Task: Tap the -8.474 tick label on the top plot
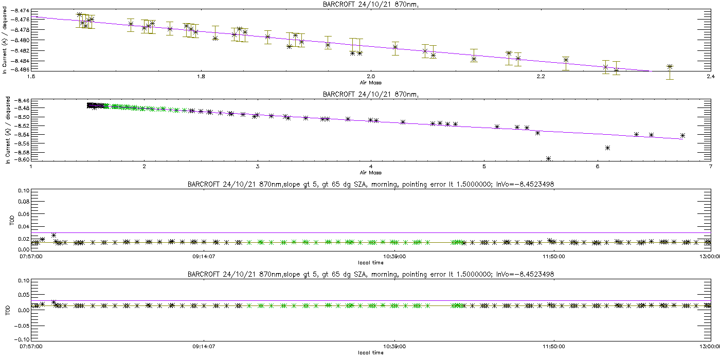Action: [x=19, y=11]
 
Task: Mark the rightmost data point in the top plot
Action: [x=670, y=67]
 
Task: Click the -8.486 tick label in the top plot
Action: [x=19, y=69]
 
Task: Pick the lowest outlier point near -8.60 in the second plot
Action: [x=549, y=158]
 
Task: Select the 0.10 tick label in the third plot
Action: [x=24, y=191]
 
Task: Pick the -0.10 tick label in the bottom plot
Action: [x=22, y=340]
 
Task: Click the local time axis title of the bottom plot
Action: [x=371, y=353]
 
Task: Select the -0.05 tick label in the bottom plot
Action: [x=22, y=325]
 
